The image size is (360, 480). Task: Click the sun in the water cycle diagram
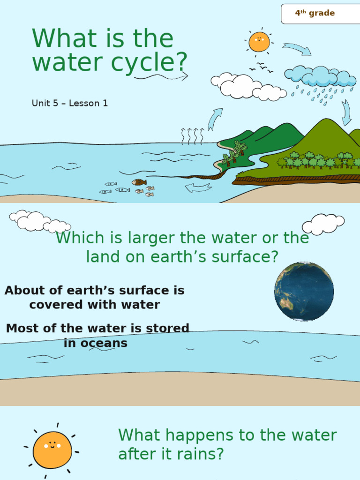pos(259,42)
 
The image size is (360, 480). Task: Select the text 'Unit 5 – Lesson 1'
pos(70,103)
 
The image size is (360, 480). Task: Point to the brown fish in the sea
pos(139,182)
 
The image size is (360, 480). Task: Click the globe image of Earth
pos(304,291)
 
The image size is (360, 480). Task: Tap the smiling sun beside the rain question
pos(52,450)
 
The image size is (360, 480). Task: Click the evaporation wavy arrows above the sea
pos(192,135)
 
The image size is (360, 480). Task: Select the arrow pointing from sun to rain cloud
pos(297,48)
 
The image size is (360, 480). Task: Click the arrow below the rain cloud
pos(346,113)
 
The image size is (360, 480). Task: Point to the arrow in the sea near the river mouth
pos(198,188)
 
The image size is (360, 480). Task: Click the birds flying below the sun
pos(261,67)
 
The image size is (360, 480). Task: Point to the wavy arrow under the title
pos(161,76)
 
